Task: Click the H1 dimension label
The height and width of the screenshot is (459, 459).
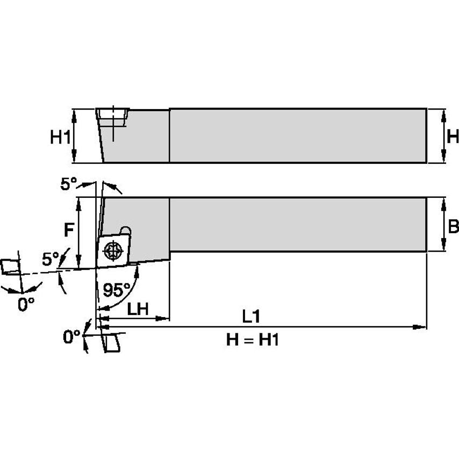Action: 60,137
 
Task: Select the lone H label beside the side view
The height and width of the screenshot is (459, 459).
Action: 453,137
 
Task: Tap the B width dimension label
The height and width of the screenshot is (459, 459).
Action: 453,227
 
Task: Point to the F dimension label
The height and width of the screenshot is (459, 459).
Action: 69,230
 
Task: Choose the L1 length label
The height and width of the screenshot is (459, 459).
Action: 250,317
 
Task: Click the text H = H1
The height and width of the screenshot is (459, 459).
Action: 252,340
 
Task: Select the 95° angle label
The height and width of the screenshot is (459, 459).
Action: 116,290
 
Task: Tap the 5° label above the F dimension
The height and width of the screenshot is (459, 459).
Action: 68,184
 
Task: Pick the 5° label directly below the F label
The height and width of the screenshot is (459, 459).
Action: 51,259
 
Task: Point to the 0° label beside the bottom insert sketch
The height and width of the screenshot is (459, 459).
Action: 71,337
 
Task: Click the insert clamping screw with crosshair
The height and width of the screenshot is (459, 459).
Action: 113,250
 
